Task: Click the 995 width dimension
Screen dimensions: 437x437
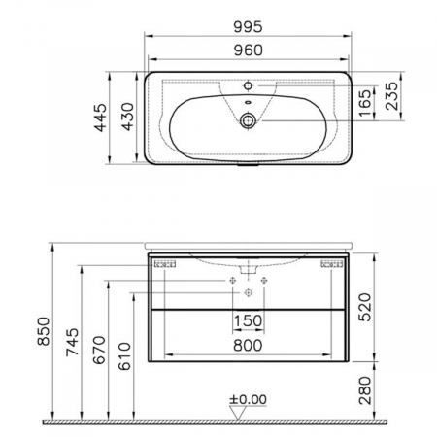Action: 248,27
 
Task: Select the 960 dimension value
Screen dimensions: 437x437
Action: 248,50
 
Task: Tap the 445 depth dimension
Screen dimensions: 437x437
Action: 100,118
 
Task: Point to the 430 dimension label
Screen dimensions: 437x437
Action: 128,117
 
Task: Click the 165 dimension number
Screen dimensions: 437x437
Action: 365,103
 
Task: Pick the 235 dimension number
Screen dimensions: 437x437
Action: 391,96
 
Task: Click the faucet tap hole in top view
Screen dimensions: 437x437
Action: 249,85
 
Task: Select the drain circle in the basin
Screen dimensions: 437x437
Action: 249,120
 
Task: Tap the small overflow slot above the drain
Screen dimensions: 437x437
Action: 249,102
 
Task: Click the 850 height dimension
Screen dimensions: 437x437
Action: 44,331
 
